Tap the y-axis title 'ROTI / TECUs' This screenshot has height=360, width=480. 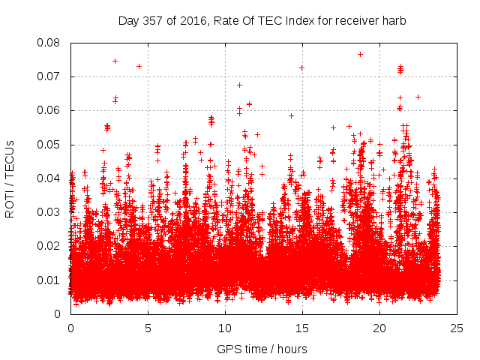click(x=10, y=178)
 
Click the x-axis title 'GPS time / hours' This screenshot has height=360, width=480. click(x=262, y=349)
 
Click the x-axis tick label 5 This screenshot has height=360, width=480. click(x=148, y=328)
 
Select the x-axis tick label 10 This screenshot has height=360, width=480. click(x=225, y=328)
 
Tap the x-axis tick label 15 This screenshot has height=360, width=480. click(x=302, y=328)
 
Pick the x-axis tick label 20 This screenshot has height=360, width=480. click(x=379, y=328)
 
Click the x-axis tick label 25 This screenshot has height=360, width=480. click(x=457, y=328)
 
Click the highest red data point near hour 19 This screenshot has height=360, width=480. click(x=360, y=54)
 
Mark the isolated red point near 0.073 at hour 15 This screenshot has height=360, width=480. click(x=301, y=67)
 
